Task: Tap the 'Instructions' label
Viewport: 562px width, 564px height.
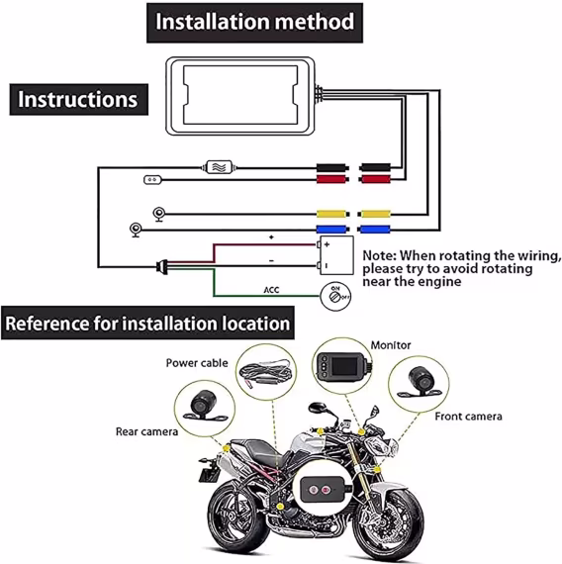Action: (78, 99)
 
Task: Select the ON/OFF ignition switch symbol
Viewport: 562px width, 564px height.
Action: (334, 294)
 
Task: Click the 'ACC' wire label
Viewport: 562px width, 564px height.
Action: (272, 291)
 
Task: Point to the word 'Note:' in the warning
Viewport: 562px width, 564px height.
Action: (381, 254)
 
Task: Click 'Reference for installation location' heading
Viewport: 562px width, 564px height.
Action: (148, 324)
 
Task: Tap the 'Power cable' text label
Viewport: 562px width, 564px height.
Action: (195, 362)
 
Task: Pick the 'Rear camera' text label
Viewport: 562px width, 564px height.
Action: (146, 431)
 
